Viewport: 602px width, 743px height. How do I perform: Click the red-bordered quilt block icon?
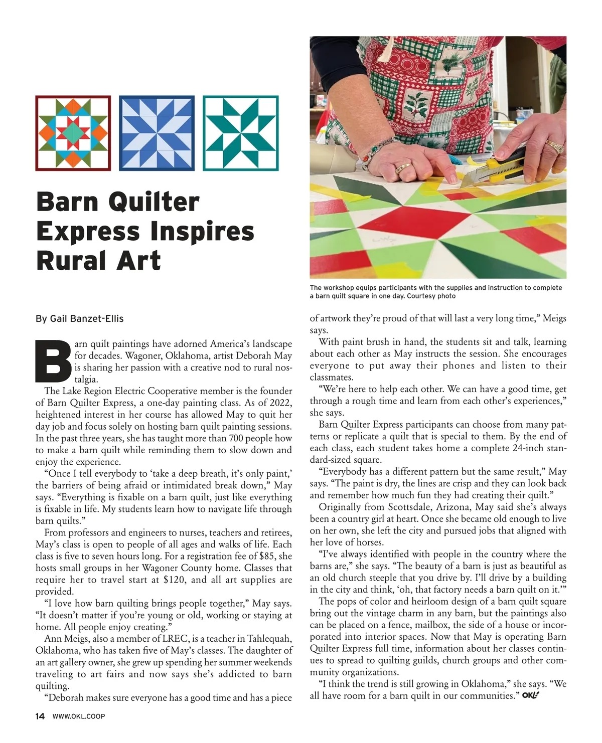tap(73, 133)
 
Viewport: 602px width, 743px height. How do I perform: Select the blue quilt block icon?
tap(157, 133)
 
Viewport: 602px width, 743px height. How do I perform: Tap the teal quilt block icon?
tap(240, 133)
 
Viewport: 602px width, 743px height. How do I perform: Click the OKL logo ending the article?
tap(530, 695)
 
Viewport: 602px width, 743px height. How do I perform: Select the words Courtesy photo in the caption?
tap(431, 296)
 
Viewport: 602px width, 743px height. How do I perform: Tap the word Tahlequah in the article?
tap(264, 639)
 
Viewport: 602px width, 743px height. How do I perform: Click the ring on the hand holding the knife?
tap(553, 145)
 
